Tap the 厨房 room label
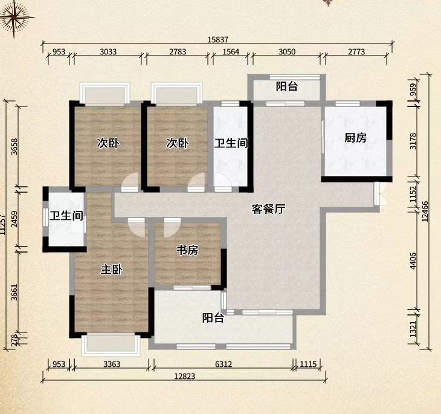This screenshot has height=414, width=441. pyautogui.click(x=356, y=138)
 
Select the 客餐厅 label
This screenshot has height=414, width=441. pyautogui.click(x=268, y=210)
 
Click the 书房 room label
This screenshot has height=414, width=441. pyautogui.click(x=187, y=250)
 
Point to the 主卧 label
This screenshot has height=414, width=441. pyautogui.click(x=111, y=270)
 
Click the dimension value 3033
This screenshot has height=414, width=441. pyautogui.click(x=108, y=52)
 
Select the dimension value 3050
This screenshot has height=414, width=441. pyautogui.click(x=287, y=52)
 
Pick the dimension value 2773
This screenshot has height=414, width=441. pyautogui.click(x=356, y=52)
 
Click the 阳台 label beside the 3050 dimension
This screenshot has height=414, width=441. pyautogui.click(x=286, y=86)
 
